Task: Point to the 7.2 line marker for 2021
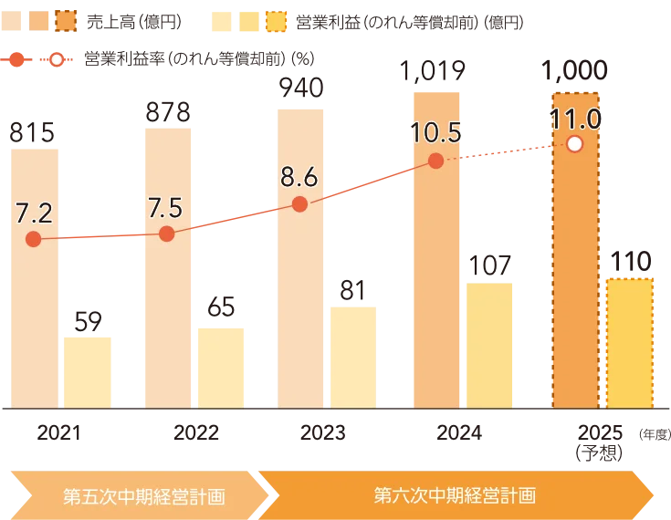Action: [x=34, y=239]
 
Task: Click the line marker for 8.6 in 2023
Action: [x=300, y=204]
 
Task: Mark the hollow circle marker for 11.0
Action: [x=574, y=144]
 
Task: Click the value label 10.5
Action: [x=435, y=133]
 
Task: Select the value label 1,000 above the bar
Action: [x=574, y=71]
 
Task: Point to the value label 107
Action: [x=490, y=265]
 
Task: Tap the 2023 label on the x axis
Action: [x=299, y=432]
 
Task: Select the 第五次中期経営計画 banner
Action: [x=143, y=497]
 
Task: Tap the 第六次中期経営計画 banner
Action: [x=455, y=496]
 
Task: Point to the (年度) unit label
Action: [x=655, y=434]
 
